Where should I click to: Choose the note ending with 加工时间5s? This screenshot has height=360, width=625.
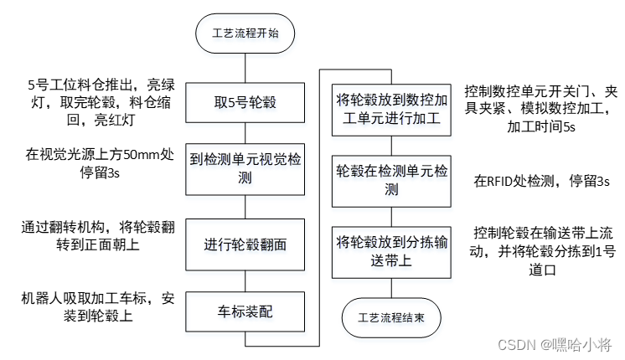pyautogui.click(x=540, y=109)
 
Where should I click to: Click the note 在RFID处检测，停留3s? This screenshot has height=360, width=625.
pyautogui.click(x=541, y=180)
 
